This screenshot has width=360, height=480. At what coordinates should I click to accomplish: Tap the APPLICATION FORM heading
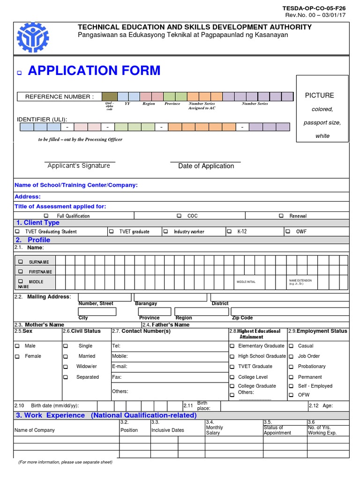coord(94,71)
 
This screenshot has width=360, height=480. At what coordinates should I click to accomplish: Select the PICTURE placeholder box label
coord(319,96)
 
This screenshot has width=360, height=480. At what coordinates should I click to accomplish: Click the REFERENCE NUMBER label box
coord(59,97)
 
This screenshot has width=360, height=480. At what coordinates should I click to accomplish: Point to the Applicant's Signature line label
coord(79,165)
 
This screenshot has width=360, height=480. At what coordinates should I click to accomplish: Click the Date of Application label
coord(206,166)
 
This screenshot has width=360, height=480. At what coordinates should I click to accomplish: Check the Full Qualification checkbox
coord(46,216)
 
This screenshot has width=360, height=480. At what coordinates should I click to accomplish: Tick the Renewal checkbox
coord(281,216)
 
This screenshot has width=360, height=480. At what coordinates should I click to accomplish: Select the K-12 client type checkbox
coord(229,232)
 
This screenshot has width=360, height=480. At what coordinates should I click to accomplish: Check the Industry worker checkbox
coord(165,232)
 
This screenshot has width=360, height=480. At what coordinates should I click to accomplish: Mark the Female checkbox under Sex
coord(17,356)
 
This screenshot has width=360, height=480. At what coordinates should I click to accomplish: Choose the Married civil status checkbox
coord(66,356)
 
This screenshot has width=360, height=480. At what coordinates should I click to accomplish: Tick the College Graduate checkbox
coord(232,386)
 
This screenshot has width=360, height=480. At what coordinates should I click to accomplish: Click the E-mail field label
coord(120,367)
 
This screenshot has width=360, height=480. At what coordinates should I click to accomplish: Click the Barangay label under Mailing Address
coord(146,304)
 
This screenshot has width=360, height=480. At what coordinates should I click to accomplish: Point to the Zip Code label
coord(242,318)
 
